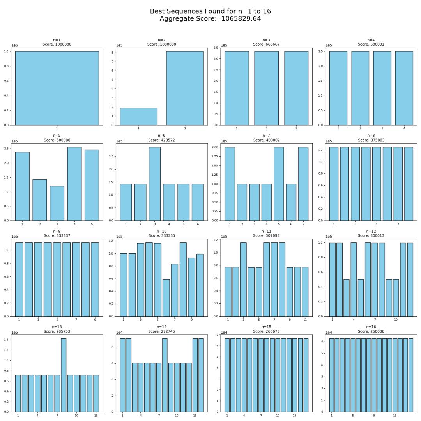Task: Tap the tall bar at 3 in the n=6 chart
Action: (x=154, y=184)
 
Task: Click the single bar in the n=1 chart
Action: (x=57, y=88)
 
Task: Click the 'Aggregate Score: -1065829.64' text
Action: (x=210, y=19)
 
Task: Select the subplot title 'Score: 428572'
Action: (x=161, y=140)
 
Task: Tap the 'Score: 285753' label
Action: (x=57, y=331)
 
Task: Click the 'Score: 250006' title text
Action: (x=371, y=331)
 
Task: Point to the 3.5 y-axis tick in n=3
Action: (x=217, y=48)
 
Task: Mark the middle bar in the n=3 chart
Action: (x=266, y=88)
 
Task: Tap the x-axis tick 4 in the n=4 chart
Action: (x=404, y=128)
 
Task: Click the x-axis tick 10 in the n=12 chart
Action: (x=396, y=320)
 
